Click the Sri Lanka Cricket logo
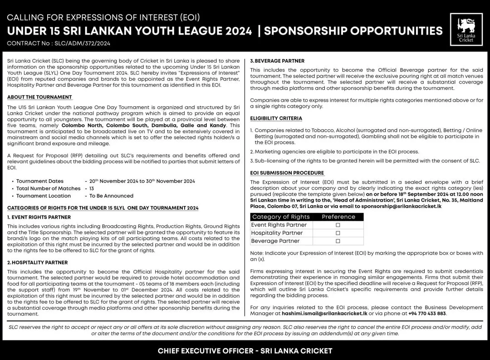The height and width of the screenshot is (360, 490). [x=466, y=30]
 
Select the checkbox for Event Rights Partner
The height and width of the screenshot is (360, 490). [x=338, y=225]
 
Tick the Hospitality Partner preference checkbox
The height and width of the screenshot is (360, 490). [x=338, y=233]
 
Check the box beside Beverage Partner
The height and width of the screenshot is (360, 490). [x=338, y=241]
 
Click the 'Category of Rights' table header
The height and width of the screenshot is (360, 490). [x=281, y=217]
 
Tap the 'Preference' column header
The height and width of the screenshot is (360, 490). [x=338, y=217]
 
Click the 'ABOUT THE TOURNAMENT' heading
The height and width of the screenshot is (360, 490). [x=39, y=97]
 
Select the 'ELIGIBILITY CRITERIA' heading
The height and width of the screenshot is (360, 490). [x=276, y=118]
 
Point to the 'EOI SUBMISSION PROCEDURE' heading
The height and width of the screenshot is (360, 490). [x=287, y=173]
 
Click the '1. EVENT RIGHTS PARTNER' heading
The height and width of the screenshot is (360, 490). [x=39, y=217]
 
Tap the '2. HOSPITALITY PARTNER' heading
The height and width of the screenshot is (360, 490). [x=38, y=262]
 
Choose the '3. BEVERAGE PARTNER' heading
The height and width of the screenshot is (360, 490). [x=277, y=61]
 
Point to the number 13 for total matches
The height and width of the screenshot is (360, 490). [x=92, y=188]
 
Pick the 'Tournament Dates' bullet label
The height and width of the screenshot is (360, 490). [x=40, y=181]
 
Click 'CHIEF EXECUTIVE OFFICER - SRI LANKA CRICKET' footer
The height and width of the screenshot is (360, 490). [x=245, y=351]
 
